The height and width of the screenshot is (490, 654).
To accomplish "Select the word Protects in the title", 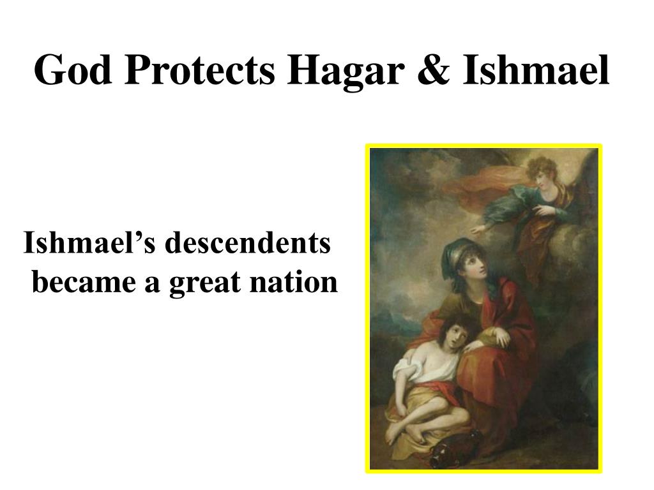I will [199, 71].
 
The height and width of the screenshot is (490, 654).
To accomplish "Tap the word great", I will [200, 282].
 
